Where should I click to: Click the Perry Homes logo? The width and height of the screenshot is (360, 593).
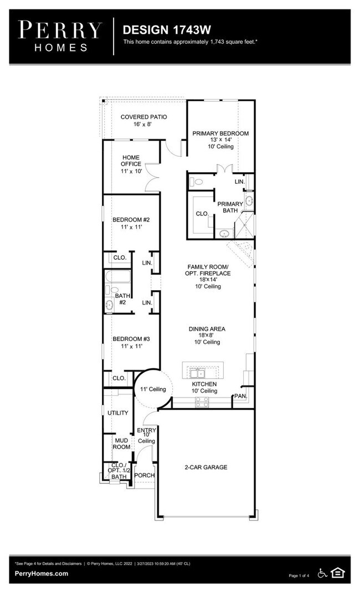pyautogui.click(x=60, y=37)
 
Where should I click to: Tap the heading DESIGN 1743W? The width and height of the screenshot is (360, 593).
pyautogui.click(x=167, y=30)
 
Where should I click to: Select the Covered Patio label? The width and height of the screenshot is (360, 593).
pyautogui.click(x=143, y=120)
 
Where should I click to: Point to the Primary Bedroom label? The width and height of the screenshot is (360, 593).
pyautogui.click(x=220, y=140)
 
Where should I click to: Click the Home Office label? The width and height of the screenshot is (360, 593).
pyautogui.click(x=131, y=164)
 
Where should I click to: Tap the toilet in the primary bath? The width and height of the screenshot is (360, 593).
pyautogui.click(x=197, y=182)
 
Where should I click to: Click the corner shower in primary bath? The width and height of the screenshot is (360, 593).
pyautogui.click(x=244, y=225)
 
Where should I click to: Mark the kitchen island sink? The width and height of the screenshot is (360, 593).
pyautogui.click(x=197, y=373)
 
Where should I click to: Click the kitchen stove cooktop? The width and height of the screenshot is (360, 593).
pyautogui.click(x=202, y=402)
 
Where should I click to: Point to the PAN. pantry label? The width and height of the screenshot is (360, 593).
pyautogui.click(x=240, y=396)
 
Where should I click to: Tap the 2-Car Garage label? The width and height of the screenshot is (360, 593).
pyautogui.click(x=205, y=467)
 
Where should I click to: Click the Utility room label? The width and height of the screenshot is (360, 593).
pyautogui.click(x=118, y=412)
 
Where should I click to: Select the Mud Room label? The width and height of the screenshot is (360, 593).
pyautogui.click(x=121, y=444)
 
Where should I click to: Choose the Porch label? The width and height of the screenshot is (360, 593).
pyautogui.click(x=145, y=476)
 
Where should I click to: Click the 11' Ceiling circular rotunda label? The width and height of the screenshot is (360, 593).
pyautogui.click(x=153, y=389)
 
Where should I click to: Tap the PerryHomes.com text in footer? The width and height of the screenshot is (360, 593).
pyautogui.click(x=42, y=574)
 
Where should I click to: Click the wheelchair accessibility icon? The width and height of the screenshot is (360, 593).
pyautogui.click(x=322, y=573)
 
